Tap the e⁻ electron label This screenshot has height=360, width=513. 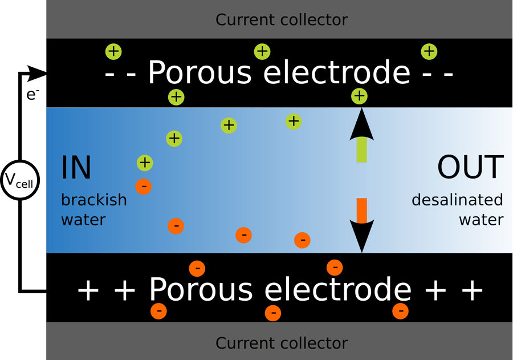(33, 95)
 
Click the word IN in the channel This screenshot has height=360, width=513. (76, 168)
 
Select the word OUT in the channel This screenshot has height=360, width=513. (470, 168)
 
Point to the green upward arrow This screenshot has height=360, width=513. (361, 137)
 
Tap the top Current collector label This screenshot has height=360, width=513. (282, 20)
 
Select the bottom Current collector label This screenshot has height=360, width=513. (282, 343)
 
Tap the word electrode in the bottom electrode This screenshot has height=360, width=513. (338, 290)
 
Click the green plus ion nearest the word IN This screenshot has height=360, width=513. (145, 163)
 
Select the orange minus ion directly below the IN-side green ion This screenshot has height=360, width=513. (144, 186)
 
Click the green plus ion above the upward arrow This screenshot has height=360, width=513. (359, 96)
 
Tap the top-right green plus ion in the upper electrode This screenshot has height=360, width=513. (429, 52)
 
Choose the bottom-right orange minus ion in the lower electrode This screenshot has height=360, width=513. (401, 311)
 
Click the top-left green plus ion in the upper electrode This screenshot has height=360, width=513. (113, 51)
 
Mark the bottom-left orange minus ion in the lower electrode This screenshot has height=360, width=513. (158, 312)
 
